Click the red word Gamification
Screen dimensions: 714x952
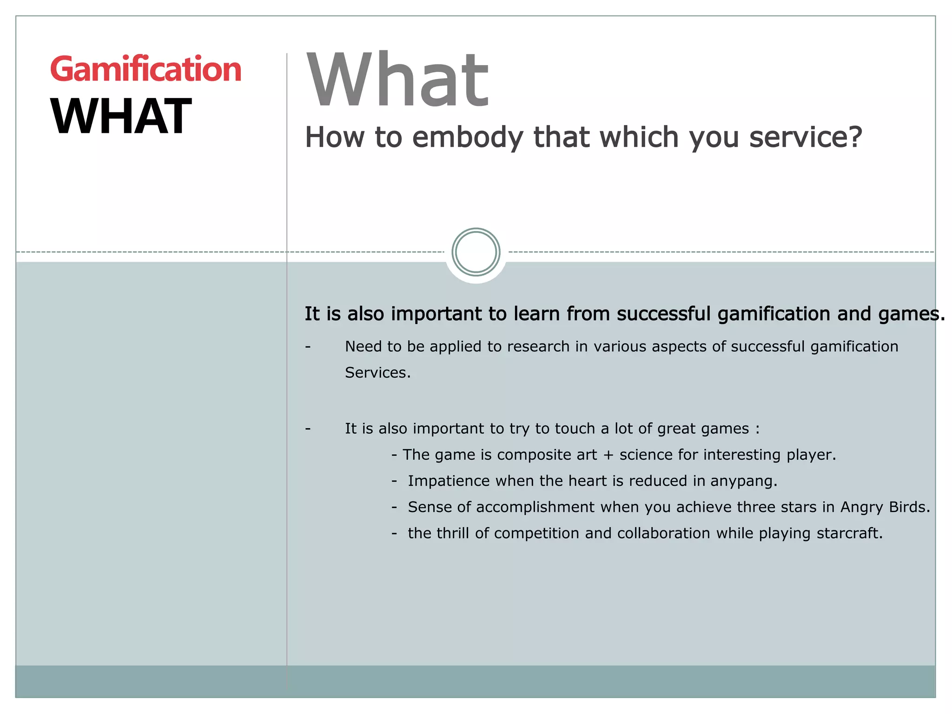pos(145,70)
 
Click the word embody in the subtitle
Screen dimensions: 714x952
pos(468,138)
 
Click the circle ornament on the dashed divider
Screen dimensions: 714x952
pos(476,252)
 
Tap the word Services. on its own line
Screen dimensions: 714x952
pos(377,373)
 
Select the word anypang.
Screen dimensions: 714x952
pos(744,481)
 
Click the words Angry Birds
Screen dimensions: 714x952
pos(885,507)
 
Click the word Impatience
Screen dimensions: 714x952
pos(449,481)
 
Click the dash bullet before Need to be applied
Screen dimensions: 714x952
pos(308,347)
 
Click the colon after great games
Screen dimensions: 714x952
pos(757,429)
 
